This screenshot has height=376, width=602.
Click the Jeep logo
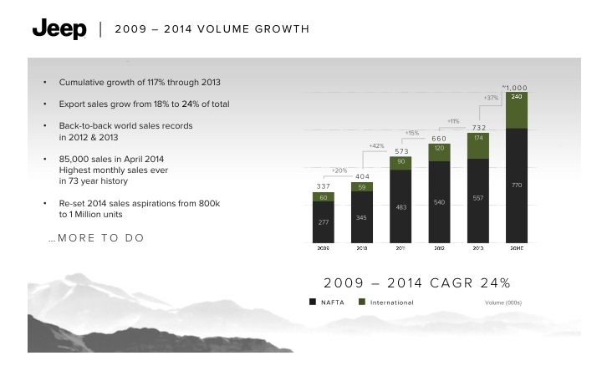click(x=59, y=29)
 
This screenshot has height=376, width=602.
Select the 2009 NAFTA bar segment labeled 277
click(x=324, y=222)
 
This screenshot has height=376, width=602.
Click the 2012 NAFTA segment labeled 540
click(x=439, y=201)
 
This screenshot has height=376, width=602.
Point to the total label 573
click(x=400, y=151)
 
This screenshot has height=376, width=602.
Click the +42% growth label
click(x=376, y=146)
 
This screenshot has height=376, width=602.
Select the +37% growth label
click(x=492, y=99)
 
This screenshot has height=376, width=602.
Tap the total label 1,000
click(x=515, y=87)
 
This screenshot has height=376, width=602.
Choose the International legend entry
click(x=386, y=302)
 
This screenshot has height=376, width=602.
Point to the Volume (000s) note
click(x=503, y=302)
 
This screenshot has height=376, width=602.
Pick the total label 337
click(x=323, y=186)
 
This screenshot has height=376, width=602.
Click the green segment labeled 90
click(x=400, y=162)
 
